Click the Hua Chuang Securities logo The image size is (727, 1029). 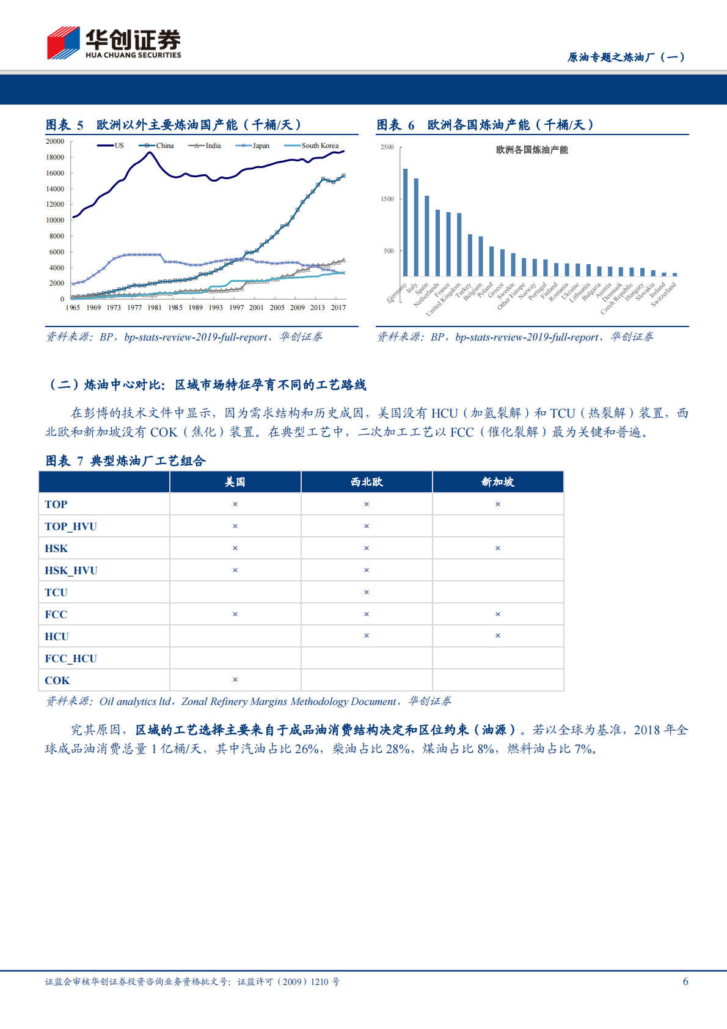point(114,43)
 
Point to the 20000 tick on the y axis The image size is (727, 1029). point(55,141)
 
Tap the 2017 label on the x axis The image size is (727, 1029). point(338,308)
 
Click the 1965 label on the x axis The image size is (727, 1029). point(73,308)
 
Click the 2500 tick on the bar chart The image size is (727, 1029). point(387,147)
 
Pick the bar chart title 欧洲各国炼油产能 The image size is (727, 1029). point(532,150)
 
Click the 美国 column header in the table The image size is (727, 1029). point(235,482)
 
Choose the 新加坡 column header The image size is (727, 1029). point(498,482)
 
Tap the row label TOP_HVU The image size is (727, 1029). point(71,526)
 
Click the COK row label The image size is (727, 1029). point(57,680)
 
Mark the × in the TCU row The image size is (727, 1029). point(367,592)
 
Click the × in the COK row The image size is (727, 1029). point(235,680)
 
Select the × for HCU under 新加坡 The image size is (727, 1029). point(498,636)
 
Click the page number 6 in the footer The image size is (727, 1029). point(685,981)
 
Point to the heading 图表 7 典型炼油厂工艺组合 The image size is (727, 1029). point(126,461)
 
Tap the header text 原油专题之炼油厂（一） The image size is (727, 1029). point(627,57)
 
